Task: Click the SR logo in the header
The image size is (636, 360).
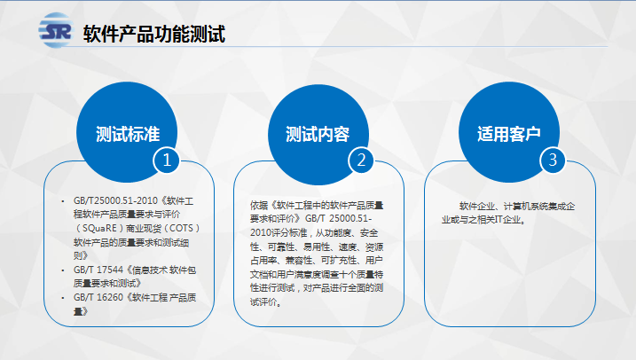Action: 56,30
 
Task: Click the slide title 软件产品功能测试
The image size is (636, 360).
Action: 154,34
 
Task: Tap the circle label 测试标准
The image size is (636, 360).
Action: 128,134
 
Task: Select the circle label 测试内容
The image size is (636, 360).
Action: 318,134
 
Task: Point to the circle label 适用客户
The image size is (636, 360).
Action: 508,133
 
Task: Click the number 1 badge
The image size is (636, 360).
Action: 166,160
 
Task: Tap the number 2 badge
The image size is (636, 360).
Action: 361,160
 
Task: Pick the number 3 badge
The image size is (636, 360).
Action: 553,160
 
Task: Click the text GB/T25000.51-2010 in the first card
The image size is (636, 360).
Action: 115,200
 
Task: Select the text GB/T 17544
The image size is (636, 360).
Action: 98,270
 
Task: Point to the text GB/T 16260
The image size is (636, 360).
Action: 98,298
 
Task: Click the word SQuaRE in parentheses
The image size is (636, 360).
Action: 99,228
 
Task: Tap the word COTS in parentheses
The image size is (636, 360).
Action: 181,228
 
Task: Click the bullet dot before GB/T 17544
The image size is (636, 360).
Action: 63,270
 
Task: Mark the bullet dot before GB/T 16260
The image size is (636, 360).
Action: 63,298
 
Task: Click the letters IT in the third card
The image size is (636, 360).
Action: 499,220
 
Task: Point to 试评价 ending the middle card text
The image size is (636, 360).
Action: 263,302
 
